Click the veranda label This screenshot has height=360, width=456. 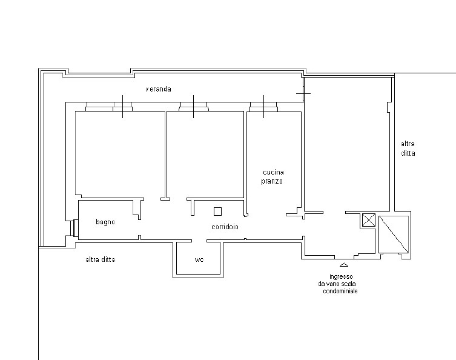click(158, 89)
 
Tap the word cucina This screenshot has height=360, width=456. click(273, 172)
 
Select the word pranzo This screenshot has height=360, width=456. click(272, 181)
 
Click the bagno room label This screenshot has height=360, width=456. click(105, 222)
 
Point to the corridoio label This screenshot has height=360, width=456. click(225, 227)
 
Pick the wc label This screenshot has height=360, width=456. click(199, 259)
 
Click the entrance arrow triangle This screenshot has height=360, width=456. click(344, 265)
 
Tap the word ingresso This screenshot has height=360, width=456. click(341, 277)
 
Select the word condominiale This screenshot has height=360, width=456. click(340, 291)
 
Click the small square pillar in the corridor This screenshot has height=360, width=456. click(217, 212)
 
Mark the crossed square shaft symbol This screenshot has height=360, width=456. click(369, 220)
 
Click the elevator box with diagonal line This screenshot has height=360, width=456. click(394, 235)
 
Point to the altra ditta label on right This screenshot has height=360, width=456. click(408, 148)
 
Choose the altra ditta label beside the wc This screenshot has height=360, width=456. click(101, 259)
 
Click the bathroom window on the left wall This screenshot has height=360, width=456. click(74, 228)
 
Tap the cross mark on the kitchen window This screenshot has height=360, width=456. click(264, 107)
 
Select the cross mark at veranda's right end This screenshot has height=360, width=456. click(303, 94)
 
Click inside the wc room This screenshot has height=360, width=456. click(198, 258)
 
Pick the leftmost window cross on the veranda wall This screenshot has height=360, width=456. click(122, 107)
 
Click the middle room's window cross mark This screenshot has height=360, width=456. click(193, 107)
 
